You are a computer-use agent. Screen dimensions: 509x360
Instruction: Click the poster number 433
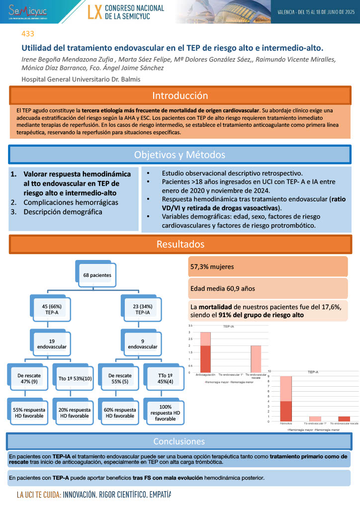28,34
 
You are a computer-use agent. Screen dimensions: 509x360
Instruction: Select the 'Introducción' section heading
180,95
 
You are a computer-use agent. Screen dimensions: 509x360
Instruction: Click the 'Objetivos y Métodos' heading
180,155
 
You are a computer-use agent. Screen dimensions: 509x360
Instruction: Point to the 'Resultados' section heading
180,244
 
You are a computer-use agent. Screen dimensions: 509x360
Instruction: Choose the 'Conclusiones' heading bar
179,441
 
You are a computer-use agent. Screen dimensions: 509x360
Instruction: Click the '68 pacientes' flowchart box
97,274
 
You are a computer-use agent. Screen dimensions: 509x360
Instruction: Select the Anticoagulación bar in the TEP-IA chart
205,352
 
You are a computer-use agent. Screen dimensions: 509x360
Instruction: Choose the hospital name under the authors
81,80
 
